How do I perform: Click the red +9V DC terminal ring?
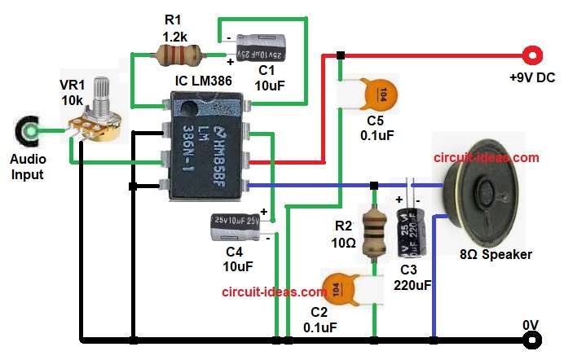point(534,55)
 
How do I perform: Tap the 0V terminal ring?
point(534,338)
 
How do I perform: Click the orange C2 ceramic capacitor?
point(341,288)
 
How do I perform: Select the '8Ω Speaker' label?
point(496,254)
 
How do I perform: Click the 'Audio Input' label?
point(29,168)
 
